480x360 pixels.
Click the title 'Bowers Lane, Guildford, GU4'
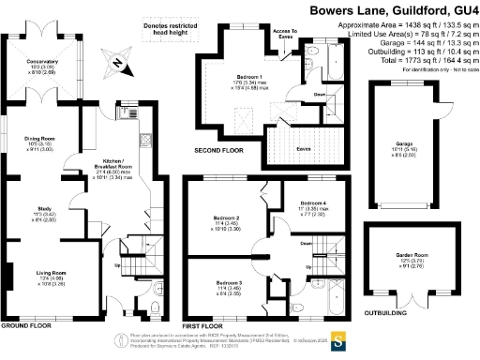395,9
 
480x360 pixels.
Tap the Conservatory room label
44,66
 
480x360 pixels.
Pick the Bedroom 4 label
313,207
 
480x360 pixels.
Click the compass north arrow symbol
115,63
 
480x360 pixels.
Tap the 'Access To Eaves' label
285,34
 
